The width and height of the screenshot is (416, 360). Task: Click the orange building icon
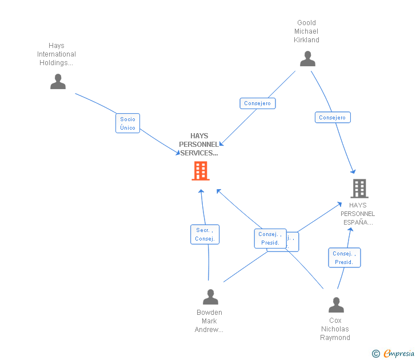tap(201, 171)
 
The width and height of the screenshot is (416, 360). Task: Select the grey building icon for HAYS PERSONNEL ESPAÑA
tap(359, 188)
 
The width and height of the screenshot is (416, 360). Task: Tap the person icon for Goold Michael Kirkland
tap(307, 59)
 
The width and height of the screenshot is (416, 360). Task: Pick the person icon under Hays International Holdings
tap(58, 82)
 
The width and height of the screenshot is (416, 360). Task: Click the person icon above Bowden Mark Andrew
tap(210, 297)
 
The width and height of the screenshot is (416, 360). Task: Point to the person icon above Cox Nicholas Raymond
tap(336, 305)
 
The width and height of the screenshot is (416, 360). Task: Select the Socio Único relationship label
tap(128, 123)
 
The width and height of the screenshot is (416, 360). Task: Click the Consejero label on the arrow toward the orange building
tap(257, 103)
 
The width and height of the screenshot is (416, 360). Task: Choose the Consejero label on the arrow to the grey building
tap(333, 117)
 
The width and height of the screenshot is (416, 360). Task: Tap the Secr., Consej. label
tap(204, 234)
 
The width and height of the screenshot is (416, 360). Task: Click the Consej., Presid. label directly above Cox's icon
tap(344, 258)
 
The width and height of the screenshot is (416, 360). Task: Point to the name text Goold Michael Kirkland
tap(307, 31)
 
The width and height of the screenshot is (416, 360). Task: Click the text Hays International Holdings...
tap(57, 54)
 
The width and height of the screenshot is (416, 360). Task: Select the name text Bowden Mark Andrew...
tap(209, 321)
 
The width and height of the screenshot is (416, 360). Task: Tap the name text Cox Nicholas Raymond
tap(335, 329)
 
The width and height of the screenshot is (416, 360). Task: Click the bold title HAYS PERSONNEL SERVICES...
tap(199, 145)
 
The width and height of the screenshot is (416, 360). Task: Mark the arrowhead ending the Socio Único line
tap(178, 153)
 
